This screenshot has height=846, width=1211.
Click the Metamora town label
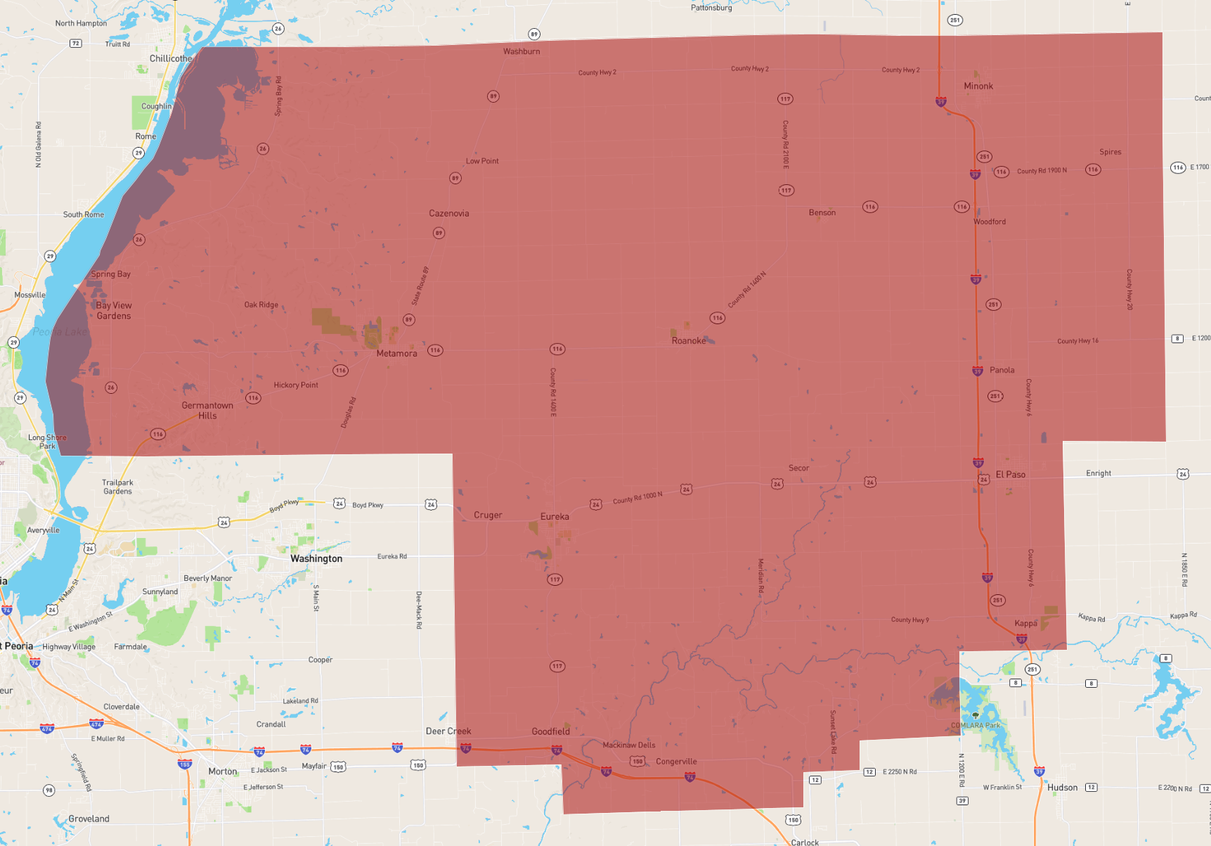coord(396,354)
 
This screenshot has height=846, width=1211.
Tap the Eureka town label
coord(555,517)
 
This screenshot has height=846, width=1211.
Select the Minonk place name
coord(978,86)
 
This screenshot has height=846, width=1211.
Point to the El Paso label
coord(1010,475)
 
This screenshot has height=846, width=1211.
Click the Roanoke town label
coord(688,341)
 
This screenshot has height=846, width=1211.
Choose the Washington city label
coord(316,559)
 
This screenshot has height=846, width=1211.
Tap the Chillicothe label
coord(171,59)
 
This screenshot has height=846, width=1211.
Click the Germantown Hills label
coord(207,411)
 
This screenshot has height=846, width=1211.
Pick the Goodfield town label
coord(550,732)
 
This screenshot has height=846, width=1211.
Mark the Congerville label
coord(676,762)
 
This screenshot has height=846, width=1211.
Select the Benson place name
coord(822,213)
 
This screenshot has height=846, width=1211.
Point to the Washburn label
coord(522,52)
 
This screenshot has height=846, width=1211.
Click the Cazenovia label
coord(449,214)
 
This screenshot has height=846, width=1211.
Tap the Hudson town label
coord(1062,788)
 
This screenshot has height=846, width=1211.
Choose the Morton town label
coord(223,771)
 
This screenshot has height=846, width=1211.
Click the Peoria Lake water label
coord(60,332)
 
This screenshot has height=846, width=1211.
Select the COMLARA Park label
coord(975,726)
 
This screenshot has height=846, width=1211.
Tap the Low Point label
coord(482,161)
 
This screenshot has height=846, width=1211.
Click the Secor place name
coord(798,468)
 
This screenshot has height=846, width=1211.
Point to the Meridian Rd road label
coord(760,577)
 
